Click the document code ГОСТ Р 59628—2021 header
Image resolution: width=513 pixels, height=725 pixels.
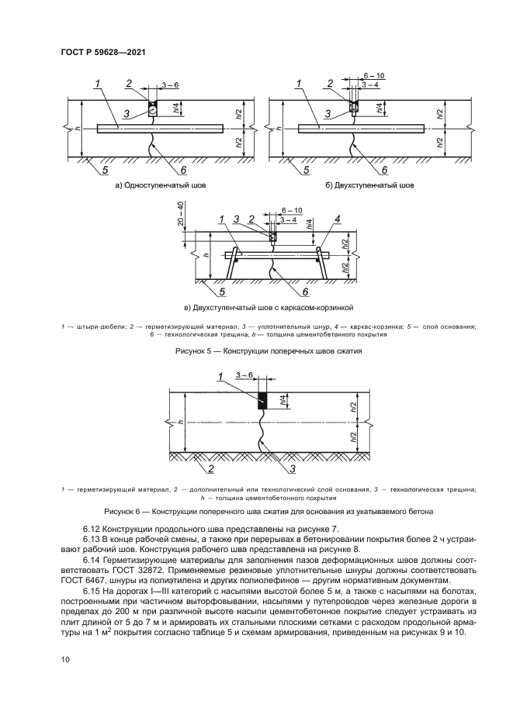click(103, 52)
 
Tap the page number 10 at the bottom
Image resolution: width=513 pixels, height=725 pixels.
click(64, 659)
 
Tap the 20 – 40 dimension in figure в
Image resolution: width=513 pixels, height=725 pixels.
click(181, 214)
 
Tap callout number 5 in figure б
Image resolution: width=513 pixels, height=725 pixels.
click(304, 169)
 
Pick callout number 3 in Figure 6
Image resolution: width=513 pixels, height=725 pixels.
click(293, 468)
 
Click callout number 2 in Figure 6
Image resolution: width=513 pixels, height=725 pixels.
click(210, 468)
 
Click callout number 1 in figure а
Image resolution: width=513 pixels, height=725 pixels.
click(98, 83)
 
